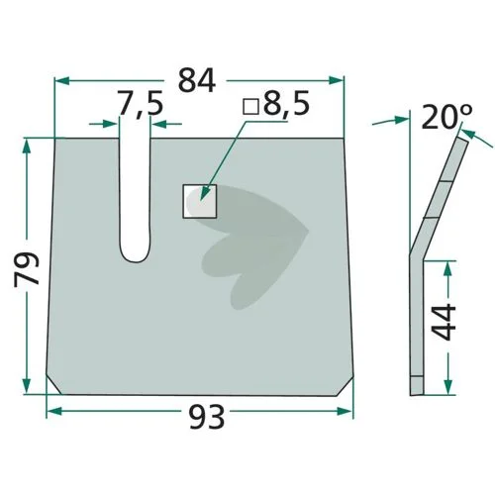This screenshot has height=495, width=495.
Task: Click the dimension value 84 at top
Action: click(197, 80)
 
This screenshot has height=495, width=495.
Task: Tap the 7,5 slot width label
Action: click(141, 103)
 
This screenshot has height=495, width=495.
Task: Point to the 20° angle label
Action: click(446, 117)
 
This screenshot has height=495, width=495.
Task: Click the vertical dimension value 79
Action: click(27, 268)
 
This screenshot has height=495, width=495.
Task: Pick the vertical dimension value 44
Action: click(444, 322)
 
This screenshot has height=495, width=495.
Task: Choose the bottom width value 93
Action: click(207, 417)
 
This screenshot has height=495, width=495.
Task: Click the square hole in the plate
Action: click(200, 201)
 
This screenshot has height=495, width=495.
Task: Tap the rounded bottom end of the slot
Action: click(136, 255)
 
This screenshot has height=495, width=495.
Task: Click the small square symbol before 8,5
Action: click(250, 106)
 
